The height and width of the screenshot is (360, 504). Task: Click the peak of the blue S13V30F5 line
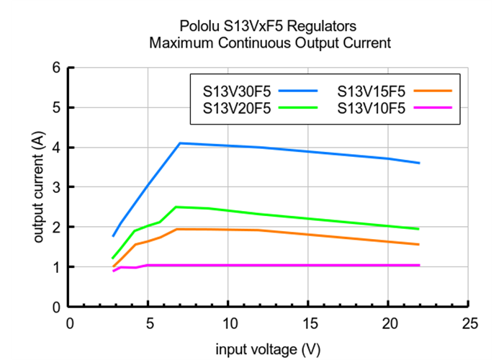tap(179, 143)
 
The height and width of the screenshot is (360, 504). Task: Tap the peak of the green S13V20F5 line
tap(176, 207)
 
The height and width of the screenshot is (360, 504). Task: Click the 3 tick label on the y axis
tap(56, 187)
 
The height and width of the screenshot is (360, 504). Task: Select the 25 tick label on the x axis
tap(469, 323)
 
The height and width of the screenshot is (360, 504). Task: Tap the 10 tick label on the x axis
tap(229, 323)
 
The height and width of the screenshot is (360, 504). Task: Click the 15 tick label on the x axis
tap(309, 323)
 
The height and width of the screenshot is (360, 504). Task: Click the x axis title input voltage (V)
tap(268, 349)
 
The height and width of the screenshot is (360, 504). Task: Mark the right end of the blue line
tap(419, 163)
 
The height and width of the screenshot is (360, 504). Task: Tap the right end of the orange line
tap(419, 244)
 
